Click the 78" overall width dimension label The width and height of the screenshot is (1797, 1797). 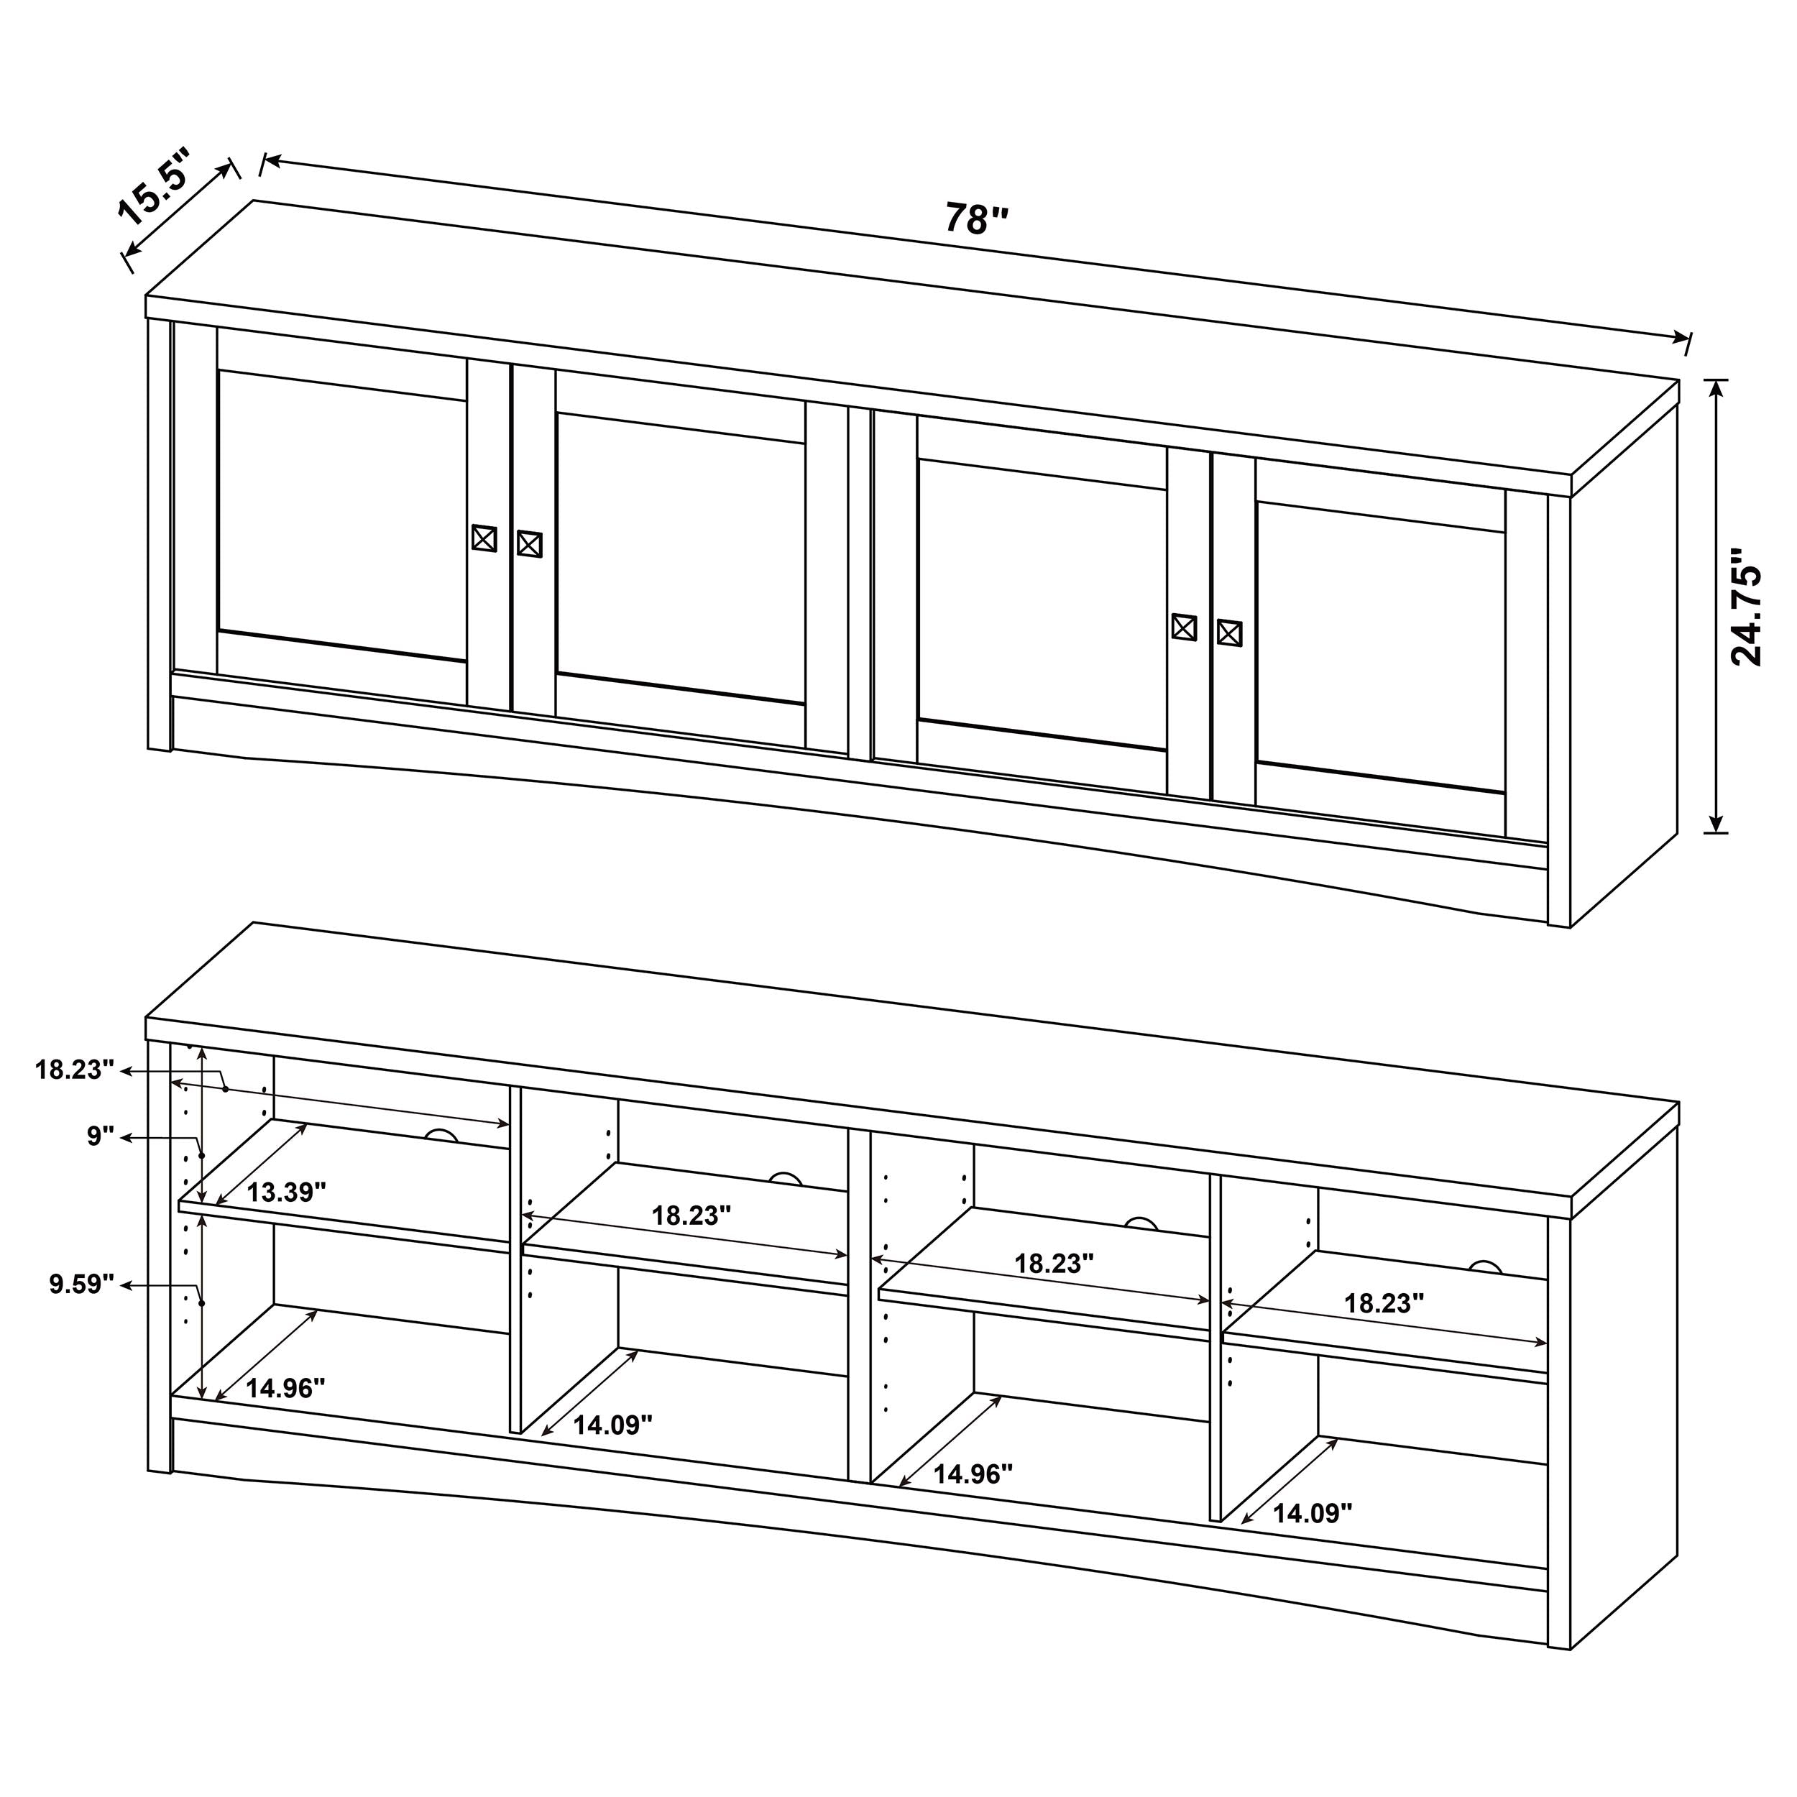[x=977, y=219]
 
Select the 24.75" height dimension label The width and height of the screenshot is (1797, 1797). [x=1746, y=607]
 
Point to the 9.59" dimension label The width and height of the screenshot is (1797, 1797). [x=82, y=1284]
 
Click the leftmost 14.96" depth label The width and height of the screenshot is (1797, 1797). [x=285, y=1389]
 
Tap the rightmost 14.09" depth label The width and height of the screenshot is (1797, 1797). [x=1312, y=1513]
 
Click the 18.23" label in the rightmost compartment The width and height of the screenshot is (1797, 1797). [x=1384, y=1303]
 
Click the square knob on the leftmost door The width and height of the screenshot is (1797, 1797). [x=484, y=538]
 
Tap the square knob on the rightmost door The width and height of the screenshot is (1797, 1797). [x=1228, y=633]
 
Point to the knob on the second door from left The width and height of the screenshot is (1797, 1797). [x=529, y=544]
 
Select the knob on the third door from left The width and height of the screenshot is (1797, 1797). [x=1183, y=627]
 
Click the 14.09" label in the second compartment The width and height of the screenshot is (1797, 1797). [x=612, y=1425]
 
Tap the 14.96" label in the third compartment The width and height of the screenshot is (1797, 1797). [x=973, y=1474]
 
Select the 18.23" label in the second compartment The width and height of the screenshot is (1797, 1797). [x=690, y=1215]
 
